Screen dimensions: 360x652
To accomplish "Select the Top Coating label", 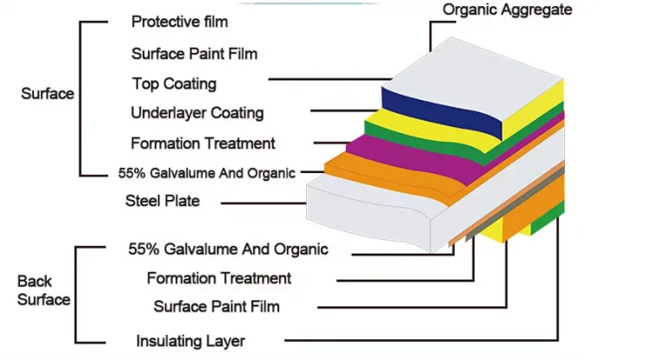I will [174, 84].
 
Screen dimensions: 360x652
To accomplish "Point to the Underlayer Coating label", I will [197, 113].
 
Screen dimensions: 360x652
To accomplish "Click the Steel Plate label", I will [163, 201].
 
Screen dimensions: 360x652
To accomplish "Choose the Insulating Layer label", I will [190, 341].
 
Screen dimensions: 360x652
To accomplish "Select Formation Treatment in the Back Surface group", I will [219, 278].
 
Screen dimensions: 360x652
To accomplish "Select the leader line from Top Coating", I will [322, 80].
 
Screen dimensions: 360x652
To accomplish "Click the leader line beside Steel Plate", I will [261, 204].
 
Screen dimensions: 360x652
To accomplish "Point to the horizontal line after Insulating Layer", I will [417, 339].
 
